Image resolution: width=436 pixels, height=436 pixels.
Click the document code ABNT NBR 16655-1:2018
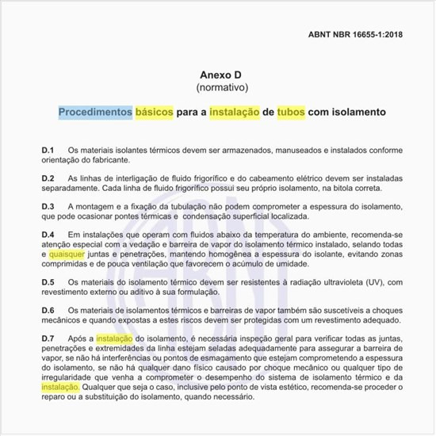click(355, 36)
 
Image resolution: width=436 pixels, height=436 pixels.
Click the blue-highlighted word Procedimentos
click(95, 113)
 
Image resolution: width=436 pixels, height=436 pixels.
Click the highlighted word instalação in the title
click(235, 113)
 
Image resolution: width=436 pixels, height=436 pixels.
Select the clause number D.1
click(48, 151)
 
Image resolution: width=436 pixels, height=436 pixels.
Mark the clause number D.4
click(48, 235)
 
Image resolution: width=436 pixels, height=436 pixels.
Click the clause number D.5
click(48, 282)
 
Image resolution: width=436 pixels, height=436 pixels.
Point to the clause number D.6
click(48, 310)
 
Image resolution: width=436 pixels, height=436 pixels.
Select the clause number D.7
click(48, 338)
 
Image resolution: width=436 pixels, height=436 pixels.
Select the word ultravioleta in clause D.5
click(321, 282)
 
